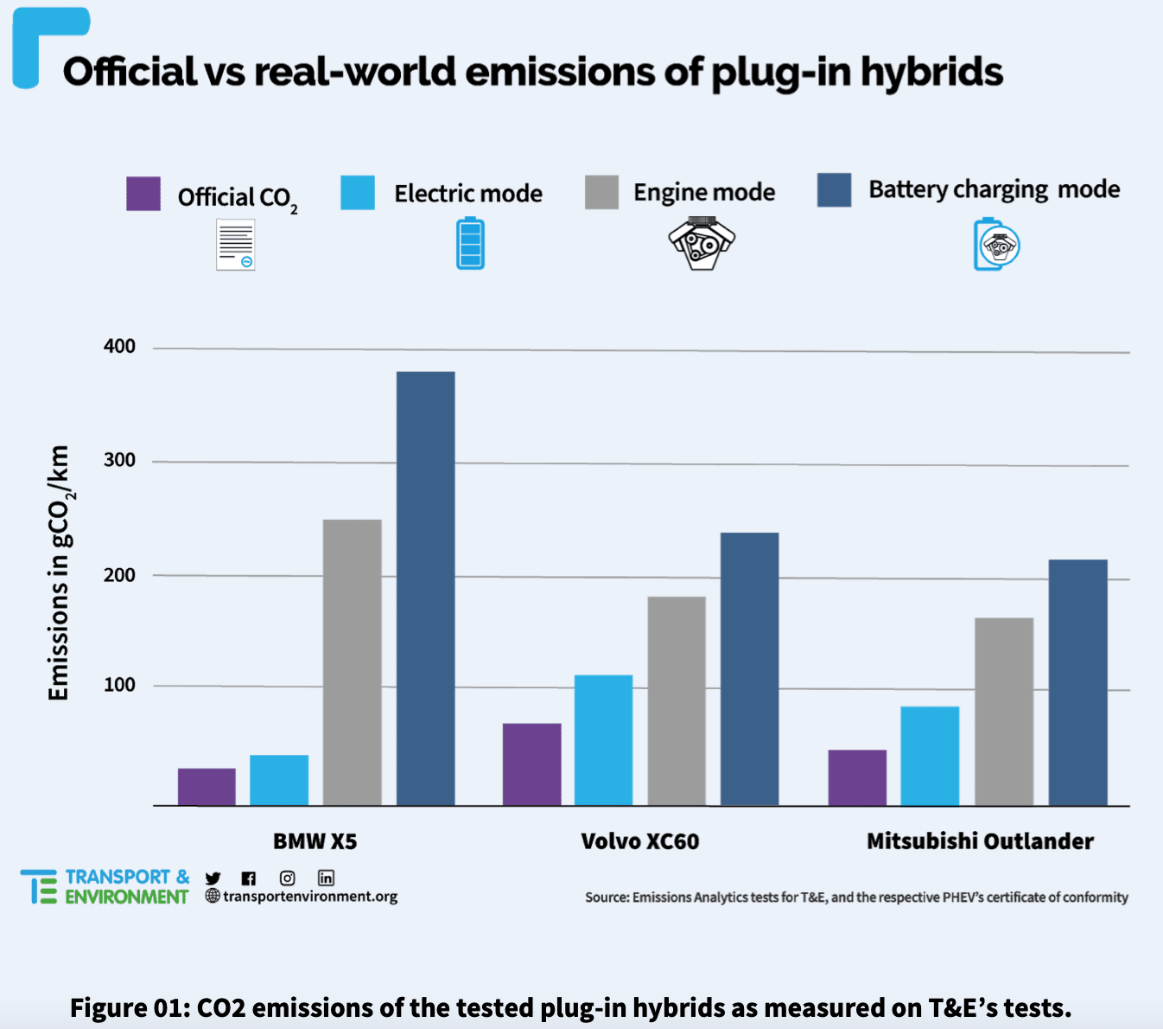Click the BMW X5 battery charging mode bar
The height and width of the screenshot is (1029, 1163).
[x=426, y=588]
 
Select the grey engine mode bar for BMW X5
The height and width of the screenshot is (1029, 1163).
[x=352, y=662]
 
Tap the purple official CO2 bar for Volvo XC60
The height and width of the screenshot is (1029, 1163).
[x=531, y=764]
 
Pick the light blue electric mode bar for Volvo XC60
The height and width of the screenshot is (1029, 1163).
[x=603, y=740]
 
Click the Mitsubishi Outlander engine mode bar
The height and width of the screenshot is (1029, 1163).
[x=1003, y=712]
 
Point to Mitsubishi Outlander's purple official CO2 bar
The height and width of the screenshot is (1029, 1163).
[x=857, y=777]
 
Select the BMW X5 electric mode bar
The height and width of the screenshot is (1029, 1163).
[x=279, y=780]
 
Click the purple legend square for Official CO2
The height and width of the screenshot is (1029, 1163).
[x=143, y=194]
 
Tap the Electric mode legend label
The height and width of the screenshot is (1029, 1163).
[x=468, y=194]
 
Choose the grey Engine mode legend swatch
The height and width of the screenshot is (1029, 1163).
[x=601, y=192]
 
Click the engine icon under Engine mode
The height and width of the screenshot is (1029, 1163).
[x=702, y=244]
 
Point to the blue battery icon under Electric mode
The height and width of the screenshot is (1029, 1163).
[x=470, y=244]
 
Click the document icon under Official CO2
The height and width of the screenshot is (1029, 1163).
[x=235, y=245]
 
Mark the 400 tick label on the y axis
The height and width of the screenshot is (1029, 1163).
[x=120, y=347]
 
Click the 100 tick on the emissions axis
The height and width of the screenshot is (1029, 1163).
[x=120, y=685]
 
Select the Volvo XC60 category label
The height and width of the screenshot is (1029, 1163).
[x=639, y=841]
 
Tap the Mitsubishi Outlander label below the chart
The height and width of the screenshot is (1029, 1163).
[x=980, y=841]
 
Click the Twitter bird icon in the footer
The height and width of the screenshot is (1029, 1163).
[x=213, y=879]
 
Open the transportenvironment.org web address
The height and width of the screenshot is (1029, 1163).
[x=310, y=897]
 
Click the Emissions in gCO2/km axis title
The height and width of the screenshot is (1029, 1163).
[x=59, y=572]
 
